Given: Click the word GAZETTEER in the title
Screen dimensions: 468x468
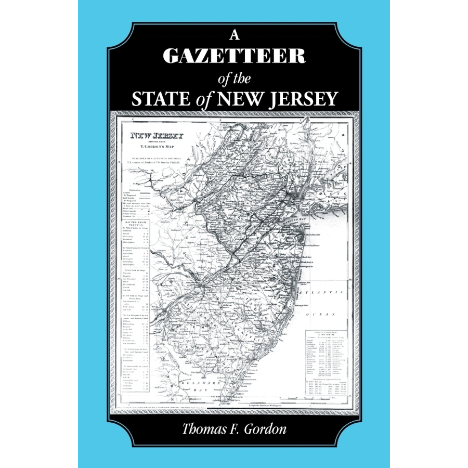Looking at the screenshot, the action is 234,56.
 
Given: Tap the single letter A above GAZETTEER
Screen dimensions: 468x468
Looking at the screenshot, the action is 234,37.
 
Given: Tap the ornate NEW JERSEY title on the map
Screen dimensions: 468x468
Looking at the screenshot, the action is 157,137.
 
